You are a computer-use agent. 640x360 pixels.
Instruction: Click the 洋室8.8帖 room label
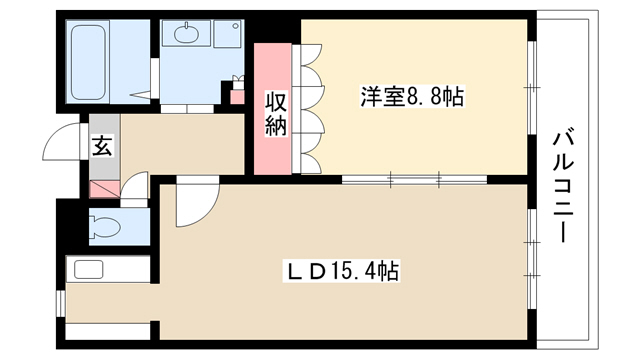point(412,96)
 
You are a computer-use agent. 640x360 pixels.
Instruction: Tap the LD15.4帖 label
point(341,270)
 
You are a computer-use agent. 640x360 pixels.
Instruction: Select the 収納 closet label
point(276,114)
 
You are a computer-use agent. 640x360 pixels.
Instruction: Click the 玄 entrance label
point(102,146)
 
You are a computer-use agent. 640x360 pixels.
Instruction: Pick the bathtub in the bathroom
point(88,62)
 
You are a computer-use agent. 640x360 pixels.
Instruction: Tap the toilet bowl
point(105,227)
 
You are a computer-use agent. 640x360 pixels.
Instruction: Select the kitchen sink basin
point(88,270)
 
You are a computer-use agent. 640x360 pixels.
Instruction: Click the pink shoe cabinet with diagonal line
point(105,189)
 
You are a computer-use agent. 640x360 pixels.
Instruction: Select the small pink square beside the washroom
point(237,97)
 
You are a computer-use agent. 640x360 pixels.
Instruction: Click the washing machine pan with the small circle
point(228,33)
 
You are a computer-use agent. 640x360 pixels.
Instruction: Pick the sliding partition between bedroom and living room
point(414,179)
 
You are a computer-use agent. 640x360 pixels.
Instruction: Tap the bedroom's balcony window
point(531,87)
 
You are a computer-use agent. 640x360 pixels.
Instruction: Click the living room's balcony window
point(531,259)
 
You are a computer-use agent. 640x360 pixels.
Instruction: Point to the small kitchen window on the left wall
point(60,304)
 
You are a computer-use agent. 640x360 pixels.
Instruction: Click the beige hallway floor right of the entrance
point(182,143)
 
